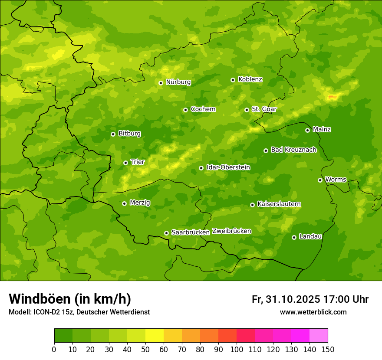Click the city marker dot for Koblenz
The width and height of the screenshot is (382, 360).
point(233,80)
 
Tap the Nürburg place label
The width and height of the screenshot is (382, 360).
point(178,82)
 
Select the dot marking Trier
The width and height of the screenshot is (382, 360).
point(125,163)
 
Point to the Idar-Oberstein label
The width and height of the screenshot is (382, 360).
point(228,167)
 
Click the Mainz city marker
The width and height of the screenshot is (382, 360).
point(307,130)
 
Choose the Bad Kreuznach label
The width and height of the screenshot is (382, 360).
point(293,150)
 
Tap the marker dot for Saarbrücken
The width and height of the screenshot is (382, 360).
point(166,233)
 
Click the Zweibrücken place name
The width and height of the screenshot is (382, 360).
point(231,231)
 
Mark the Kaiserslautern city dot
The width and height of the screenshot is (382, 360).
point(252,205)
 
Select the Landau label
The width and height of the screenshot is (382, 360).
point(310,236)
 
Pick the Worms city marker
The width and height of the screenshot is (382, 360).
point(320,180)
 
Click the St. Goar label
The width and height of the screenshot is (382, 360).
point(264,109)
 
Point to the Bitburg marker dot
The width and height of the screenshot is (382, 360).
point(113,134)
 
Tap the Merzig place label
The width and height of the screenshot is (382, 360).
point(140,203)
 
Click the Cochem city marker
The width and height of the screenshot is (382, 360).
point(185,110)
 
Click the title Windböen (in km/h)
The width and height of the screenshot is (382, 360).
point(70,299)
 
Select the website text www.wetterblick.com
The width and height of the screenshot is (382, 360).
point(313,312)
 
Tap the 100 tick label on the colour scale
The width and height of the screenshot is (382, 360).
point(237,349)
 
